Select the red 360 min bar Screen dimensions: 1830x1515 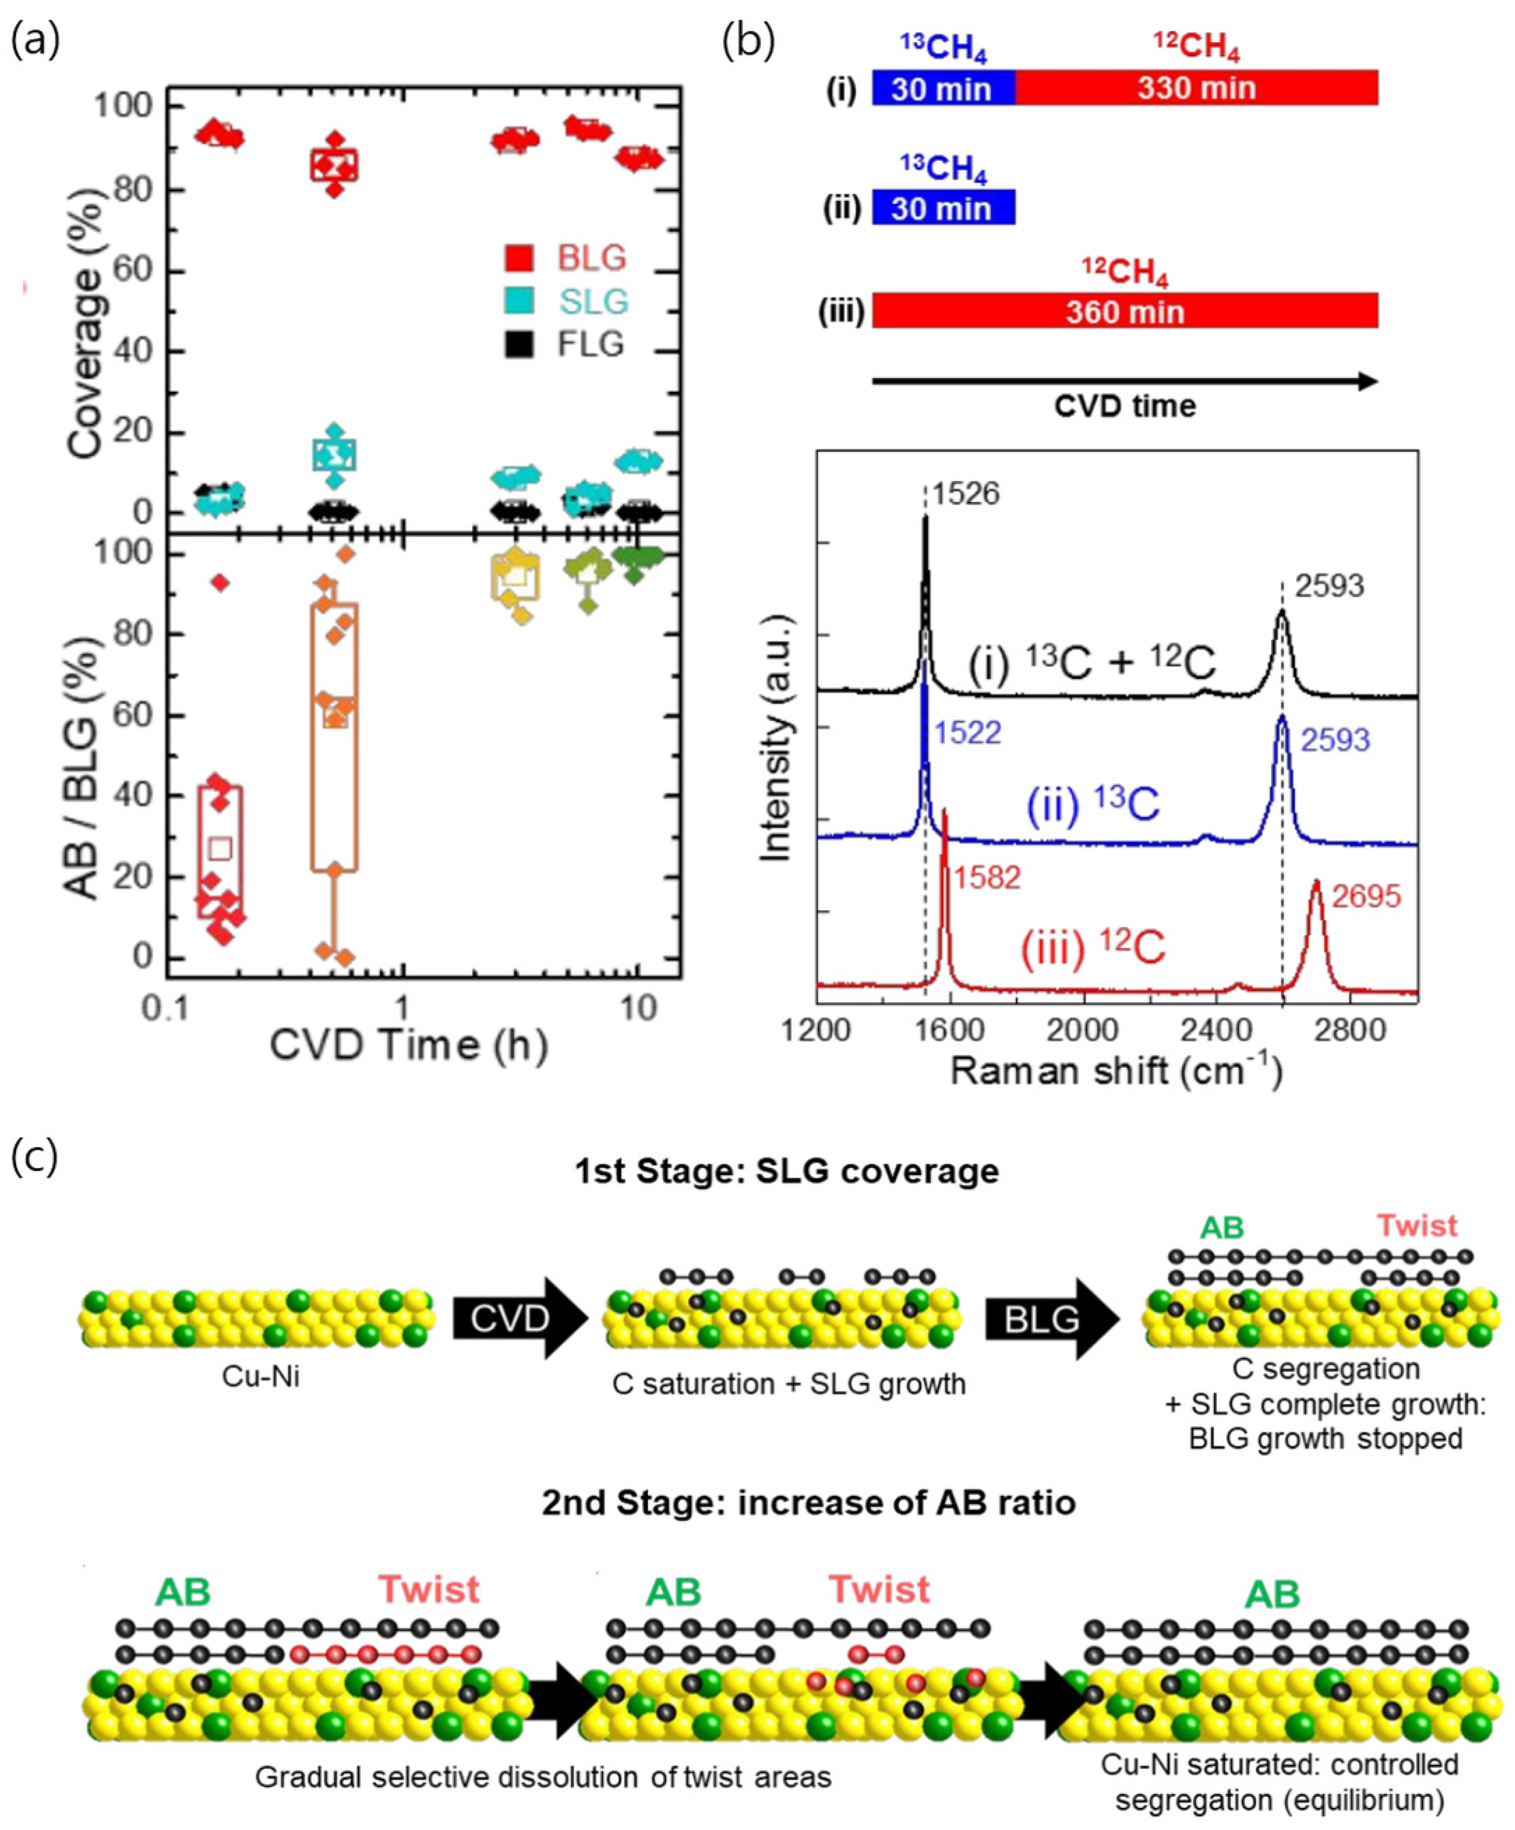[1124, 312]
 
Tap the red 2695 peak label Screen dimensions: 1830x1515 [1366, 896]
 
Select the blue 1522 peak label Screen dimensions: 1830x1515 [967, 733]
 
